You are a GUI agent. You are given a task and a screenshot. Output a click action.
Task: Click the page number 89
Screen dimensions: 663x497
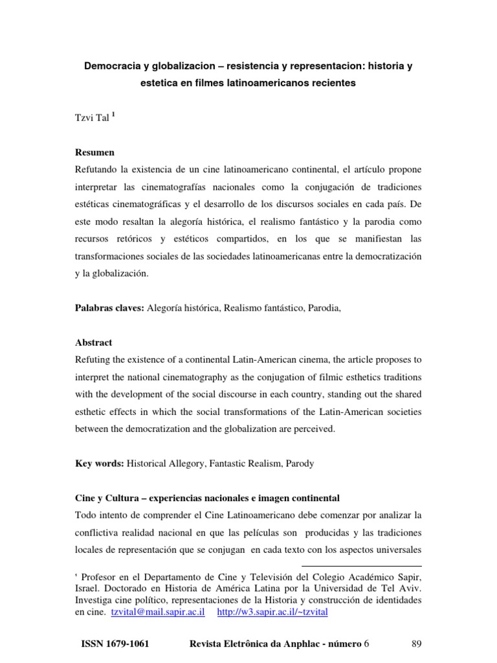(416, 643)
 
